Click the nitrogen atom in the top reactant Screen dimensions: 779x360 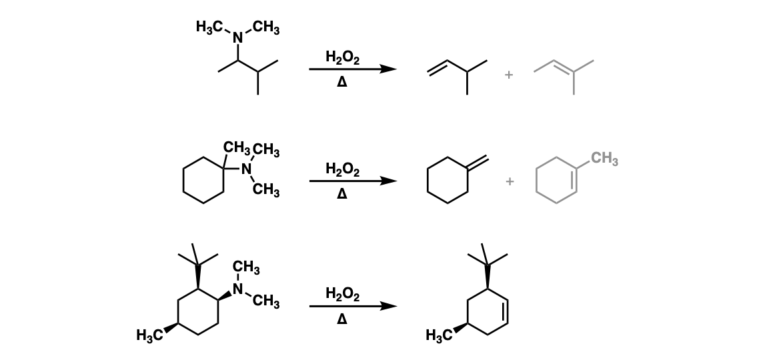[238, 37]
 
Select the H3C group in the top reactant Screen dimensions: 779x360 [210, 27]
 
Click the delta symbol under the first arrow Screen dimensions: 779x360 [341, 81]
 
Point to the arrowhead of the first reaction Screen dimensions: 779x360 [389, 69]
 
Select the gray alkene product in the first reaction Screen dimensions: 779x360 [564, 75]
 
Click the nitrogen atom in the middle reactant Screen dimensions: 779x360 [246, 169]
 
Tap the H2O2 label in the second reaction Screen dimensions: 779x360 [342, 169]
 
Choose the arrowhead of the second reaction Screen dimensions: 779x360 [389, 181]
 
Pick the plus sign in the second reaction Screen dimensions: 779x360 [510, 182]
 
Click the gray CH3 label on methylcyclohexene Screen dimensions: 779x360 [605, 159]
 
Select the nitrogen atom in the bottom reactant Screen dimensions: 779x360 [238, 289]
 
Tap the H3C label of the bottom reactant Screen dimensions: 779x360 [150, 336]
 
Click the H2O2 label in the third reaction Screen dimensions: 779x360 [342, 295]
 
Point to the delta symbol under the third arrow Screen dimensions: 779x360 [341, 319]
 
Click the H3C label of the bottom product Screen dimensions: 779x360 [440, 336]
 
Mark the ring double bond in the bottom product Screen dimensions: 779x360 [506, 312]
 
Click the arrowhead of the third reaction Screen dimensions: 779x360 [389, 307]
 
